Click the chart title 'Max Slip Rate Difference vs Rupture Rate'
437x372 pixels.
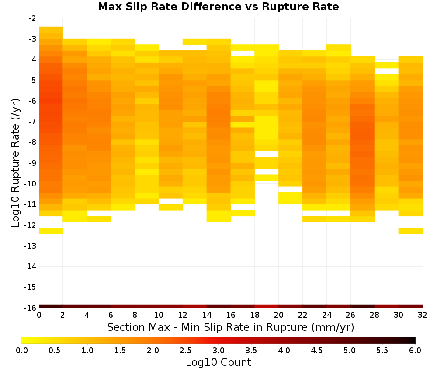coord(218,7)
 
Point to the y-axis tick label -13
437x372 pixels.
coord(30,246)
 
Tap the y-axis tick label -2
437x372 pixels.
coord(32,18)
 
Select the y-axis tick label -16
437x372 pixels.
coord(30,308)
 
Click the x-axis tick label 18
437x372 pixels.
coord(255,316)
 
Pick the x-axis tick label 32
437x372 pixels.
coord(423,316)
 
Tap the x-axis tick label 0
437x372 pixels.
coord(39,316)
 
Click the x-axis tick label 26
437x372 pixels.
coord(350,316)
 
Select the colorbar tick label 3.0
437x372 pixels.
coord(218,351)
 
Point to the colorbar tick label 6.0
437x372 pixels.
coord(415,351)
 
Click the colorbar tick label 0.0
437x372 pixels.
coord(22,351)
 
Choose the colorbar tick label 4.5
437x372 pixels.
coord(317,351)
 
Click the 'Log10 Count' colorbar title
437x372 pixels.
coord(218,362)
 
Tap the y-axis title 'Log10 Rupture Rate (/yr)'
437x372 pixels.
coord(16,163)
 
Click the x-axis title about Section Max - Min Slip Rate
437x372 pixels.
coord(230,327)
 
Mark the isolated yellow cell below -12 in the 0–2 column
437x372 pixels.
coord(51,231)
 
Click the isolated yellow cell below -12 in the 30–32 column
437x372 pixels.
coord(410,231)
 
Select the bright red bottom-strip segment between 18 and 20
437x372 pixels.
coord(267,306)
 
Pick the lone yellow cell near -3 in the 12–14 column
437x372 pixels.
coord(195,42)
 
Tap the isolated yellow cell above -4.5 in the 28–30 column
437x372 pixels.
coord(387,65)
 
